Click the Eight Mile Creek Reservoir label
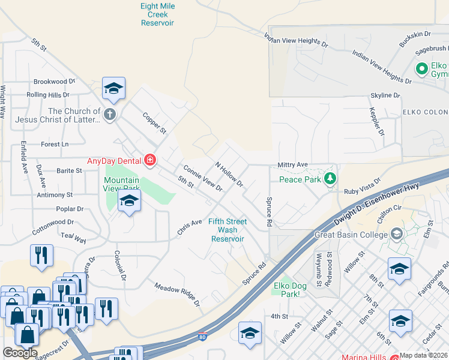tap(157, 14)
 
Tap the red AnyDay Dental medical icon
tap(149, 160)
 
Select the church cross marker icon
tap(109, 115)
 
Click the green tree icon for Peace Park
tap(330, 179)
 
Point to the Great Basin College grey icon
tap(396, 233)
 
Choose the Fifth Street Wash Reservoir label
tap(227, 230)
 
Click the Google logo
tap(20, 353)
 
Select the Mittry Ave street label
tap(292, 164)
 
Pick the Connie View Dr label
tap(203, 178)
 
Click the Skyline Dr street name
tap(385, 95)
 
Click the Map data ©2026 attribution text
tap(424, 355)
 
